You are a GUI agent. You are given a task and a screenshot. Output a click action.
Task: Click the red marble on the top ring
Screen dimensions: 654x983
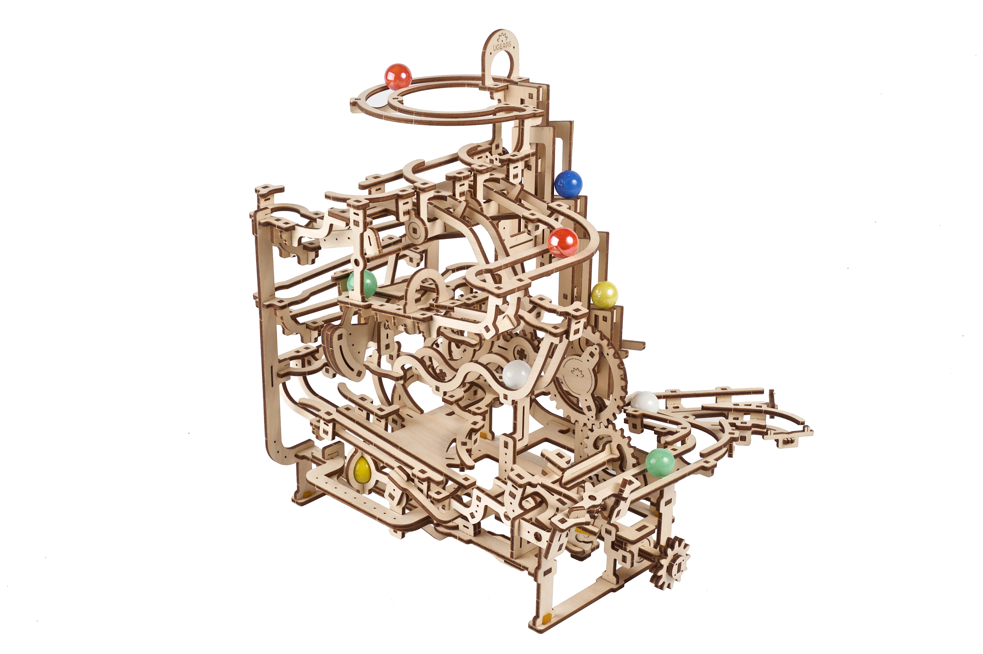coord(398,77)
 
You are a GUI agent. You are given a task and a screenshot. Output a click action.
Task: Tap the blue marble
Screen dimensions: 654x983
coord(568,183)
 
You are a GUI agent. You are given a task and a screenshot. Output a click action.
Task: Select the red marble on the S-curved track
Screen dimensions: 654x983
coord(563,242)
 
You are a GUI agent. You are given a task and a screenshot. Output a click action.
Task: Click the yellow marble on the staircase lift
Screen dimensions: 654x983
coord(604,294)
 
